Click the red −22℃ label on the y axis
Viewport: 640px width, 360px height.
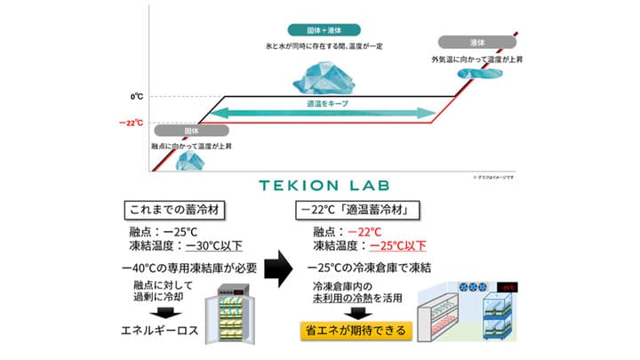(131, 123)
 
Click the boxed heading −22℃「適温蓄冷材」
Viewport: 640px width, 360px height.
(356, 212)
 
